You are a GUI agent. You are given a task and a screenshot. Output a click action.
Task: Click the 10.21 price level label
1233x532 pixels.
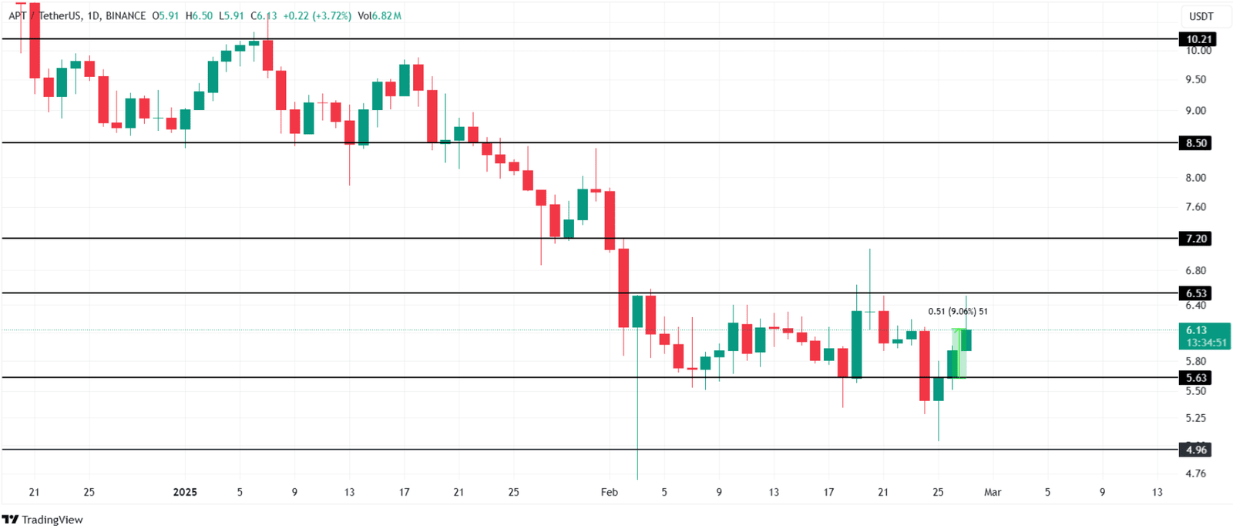(1198, 39)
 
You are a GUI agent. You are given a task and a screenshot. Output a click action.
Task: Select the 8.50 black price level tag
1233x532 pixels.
(1196, 143)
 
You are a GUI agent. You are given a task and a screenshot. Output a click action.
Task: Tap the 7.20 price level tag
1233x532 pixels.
(1196, 239)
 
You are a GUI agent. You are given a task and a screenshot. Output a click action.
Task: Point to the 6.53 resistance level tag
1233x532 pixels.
(1196, 293)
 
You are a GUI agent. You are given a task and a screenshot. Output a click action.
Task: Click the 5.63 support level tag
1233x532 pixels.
(1196, 378)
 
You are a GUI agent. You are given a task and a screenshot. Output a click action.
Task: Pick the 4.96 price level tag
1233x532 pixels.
(1196, 450)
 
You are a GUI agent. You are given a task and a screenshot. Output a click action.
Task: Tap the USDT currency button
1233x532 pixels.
(1201, 16)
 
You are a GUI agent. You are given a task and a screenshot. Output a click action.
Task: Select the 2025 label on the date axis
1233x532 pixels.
(185, 492)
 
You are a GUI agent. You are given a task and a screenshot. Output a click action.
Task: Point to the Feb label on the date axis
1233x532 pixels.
(609, 492)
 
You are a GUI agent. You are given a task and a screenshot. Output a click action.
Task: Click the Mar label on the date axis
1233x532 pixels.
(993, 492)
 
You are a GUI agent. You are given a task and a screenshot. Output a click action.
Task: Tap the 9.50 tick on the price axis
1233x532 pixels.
(1196, 79)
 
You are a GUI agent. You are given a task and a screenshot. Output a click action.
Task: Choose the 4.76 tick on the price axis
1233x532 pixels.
(1196, 473)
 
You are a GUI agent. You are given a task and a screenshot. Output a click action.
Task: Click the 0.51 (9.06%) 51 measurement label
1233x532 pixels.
(957, 312)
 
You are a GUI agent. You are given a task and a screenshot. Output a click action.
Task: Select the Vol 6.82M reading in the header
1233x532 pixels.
(379, 15)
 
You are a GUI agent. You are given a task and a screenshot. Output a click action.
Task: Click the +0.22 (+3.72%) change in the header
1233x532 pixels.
(317, 15)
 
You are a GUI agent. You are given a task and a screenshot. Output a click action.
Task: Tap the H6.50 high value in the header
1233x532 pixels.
(199, 15)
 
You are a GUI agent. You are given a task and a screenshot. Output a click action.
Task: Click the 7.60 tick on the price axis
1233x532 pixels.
(1196, 206)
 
